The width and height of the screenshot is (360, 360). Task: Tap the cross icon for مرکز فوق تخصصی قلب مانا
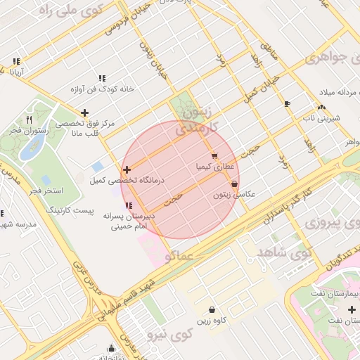pyautogui.click(x=85, y=112)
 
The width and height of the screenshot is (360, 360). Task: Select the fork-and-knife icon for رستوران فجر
pyautogui.click(x=29, y=120)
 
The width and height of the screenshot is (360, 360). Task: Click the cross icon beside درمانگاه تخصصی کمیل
pyautogui.click(x=127, y=169)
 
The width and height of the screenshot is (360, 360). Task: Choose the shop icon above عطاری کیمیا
pyautogui.click(x=214, y=156)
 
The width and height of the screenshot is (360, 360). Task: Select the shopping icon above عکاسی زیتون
pyautogui.click(x=234, y=184)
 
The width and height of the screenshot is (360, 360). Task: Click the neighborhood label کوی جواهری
pyautogui.click(x=330, y=59)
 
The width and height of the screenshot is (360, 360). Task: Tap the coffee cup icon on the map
pyautogui.click(x=287, y=104)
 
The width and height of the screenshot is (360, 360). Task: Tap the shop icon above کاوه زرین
pyautogui.click(x=212, y=309)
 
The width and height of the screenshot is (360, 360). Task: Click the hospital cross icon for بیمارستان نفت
pyautogui.click(x=352, y=309)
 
